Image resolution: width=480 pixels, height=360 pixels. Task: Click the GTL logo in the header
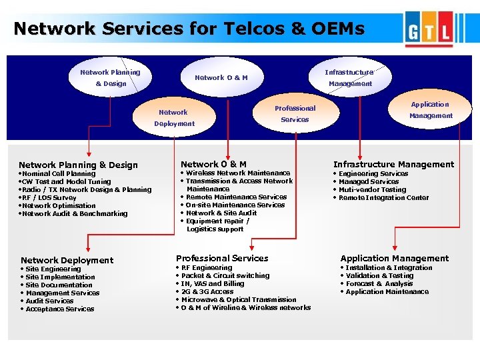(x=433, y=31)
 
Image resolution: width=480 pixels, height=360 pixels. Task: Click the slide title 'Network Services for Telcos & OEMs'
(x=189, y=29)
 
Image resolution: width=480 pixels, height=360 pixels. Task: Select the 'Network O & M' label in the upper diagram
(x=221, y=77)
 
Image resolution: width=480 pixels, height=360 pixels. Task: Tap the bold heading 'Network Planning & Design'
(x=78, y=165)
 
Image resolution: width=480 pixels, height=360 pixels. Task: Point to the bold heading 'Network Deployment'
(x=67, y=260)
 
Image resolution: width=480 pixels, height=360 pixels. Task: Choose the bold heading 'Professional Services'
(x=222, y=258)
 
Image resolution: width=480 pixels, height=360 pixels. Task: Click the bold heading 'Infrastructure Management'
(x=393, y=164)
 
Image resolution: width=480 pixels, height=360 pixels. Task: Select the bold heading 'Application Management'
(x=395, y=258)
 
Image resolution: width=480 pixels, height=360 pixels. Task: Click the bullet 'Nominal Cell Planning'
(x=59, y=173)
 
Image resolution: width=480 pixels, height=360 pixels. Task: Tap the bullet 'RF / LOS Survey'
(x=49, y=197)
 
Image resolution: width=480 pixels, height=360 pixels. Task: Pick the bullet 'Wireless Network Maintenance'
(x=238, y=173)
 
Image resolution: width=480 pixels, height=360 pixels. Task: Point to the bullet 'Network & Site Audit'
(x=221, y=213)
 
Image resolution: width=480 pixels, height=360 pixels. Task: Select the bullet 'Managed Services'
(x=369, y=181)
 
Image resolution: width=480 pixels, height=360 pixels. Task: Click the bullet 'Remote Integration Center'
(x=383, y=197)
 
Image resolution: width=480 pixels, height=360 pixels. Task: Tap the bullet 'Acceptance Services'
(x=60, y=309)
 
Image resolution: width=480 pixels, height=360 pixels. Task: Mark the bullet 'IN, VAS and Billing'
(x=213, y=283)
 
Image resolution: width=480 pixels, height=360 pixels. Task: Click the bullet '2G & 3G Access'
(x=207, y=291)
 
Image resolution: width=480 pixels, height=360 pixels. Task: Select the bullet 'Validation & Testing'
(x=379, y=275)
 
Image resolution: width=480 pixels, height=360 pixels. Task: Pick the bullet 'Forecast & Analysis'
(x=379, y=283)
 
